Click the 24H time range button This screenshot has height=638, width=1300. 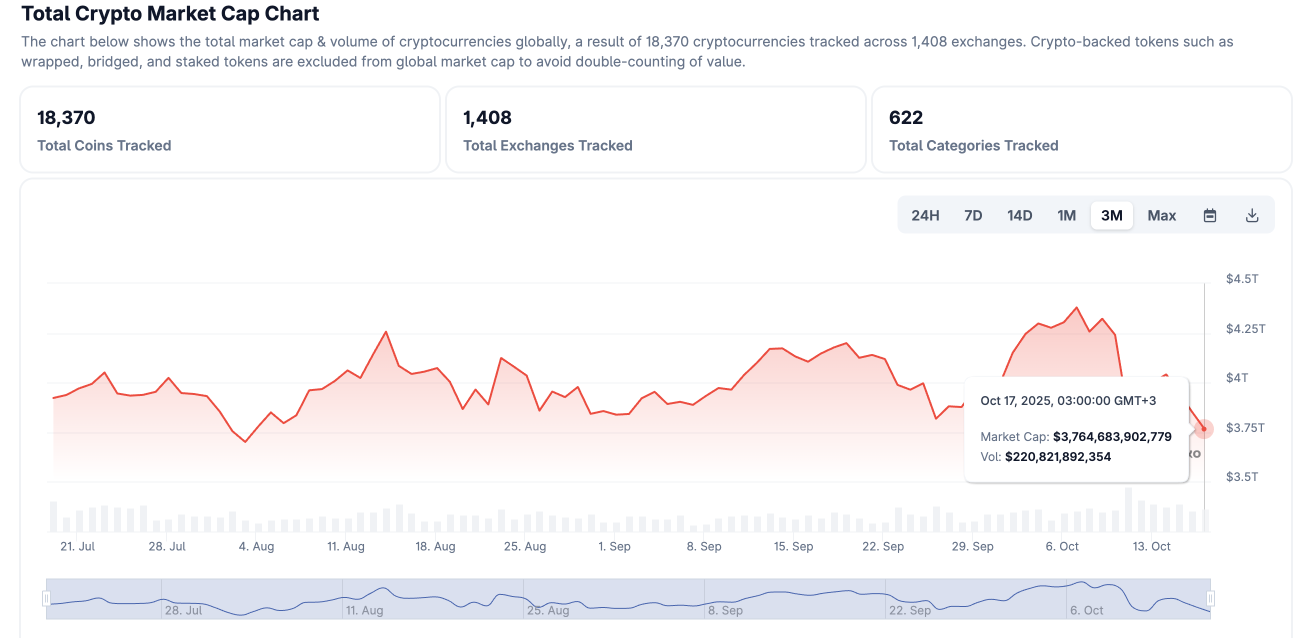point(925,215)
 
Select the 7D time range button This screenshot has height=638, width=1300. point(973,215)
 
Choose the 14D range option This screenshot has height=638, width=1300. point(1019,215)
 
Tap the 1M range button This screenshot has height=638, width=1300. point(1066,215)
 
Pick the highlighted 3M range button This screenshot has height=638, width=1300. point(1111,215)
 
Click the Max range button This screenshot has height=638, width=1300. point(1161,215)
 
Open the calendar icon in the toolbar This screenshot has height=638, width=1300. point(1209,215)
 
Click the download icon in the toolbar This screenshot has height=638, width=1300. point(1252,215)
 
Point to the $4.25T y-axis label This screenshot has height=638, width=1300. point(1245,329)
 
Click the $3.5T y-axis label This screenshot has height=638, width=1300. point(1241,477)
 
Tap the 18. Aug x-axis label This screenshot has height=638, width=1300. point(435,546)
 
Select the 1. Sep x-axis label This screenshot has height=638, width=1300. point(614,546)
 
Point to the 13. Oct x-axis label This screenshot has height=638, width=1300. point(1151,546)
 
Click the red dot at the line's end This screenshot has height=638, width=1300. point(1203,429)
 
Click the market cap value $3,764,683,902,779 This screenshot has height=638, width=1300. point(1112,436)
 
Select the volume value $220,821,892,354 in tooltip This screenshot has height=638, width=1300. point(1058,457)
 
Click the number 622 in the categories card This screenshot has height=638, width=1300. point(905,117)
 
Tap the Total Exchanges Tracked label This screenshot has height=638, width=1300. point(547,145)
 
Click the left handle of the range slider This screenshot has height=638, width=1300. point(46,598)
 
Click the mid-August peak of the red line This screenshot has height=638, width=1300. point(386,331)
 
